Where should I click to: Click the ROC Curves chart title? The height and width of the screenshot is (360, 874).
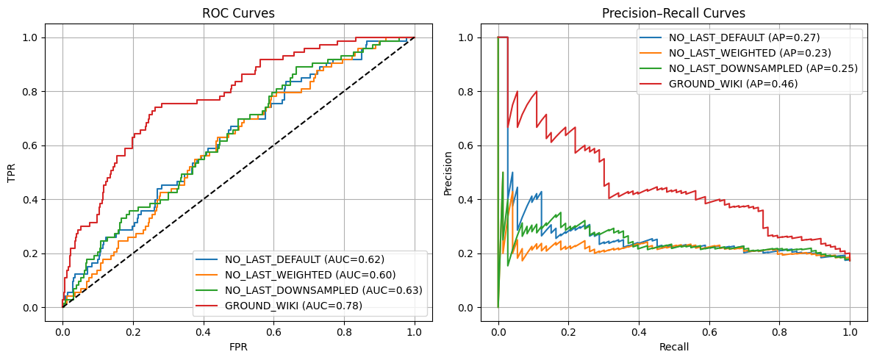pyautogui.click(x=238, y=13)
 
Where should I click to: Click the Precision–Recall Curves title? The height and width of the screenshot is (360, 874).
pyautogui.click(x=673, y=13)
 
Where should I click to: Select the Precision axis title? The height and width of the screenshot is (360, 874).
pyautogui.click(x=448, y=173)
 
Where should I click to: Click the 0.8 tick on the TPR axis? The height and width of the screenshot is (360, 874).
pyautogui.click(x=34, y=92)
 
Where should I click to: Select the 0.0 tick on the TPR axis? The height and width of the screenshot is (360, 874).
pyautogui.click(x=34, y=308)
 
